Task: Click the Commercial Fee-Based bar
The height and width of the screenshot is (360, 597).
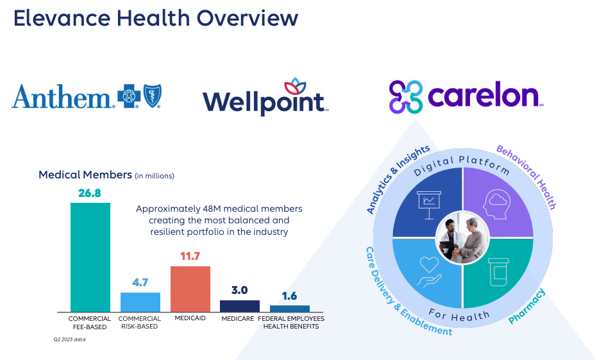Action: (x=90, y=257)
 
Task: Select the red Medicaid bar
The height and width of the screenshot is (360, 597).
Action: (x=190, y=289)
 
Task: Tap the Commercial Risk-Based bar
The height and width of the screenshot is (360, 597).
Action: (x=140, y=302)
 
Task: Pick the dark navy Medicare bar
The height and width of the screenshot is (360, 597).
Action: (x=240, y=306)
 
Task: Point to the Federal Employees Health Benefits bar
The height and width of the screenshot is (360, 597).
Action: (x=290, y=309)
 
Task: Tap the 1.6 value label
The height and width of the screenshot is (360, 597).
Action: (x=290, y=296)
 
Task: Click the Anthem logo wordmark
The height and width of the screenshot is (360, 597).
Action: (x=62, y=97)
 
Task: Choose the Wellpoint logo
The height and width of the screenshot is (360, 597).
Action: (x=265, y=99)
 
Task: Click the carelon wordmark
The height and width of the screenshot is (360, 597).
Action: (x=485, y=96)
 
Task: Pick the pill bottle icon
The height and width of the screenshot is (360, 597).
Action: (x=498, y=271)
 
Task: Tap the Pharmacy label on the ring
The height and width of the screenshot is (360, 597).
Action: (x=527, y=307)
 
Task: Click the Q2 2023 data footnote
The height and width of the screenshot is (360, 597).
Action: (x=69, y=339)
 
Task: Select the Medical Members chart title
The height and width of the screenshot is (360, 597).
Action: (x=85, y=175)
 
